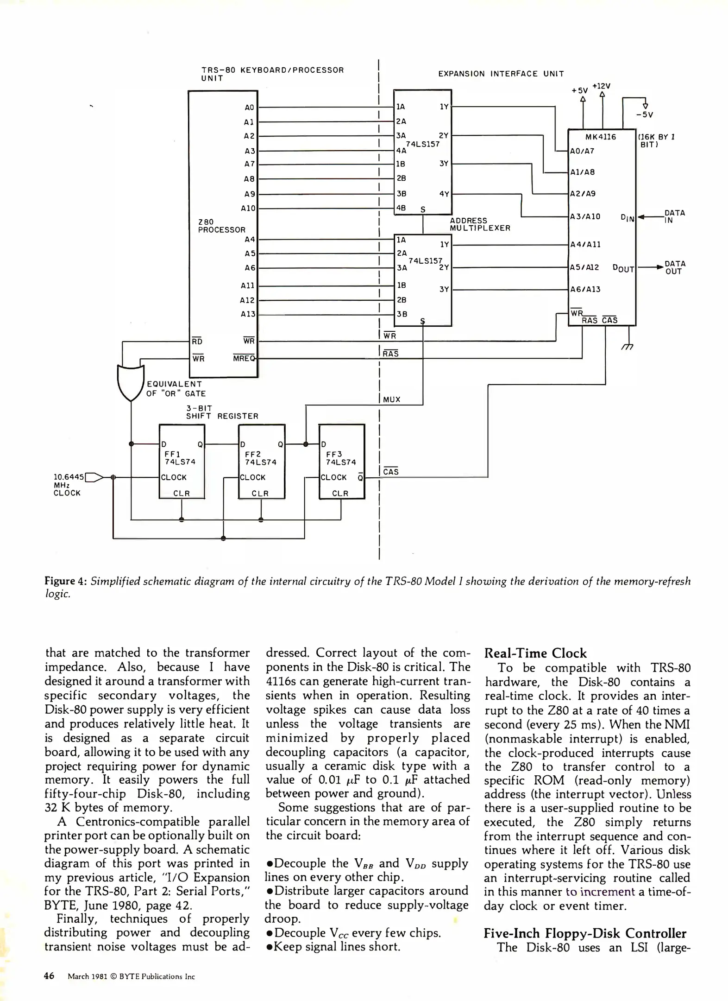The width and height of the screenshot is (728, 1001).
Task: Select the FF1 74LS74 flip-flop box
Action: [182, 462]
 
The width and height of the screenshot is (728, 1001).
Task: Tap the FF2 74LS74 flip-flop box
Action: [261, 462]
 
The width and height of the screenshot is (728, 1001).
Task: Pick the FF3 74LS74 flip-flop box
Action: [342, 462]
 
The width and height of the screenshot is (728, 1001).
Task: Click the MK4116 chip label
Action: [601, 137]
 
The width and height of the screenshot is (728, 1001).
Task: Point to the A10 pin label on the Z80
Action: [248, 209]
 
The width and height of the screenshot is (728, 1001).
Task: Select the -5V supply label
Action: [645, 115]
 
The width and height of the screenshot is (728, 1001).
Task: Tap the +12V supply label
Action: [602, 86]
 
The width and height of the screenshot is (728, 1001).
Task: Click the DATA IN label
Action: [674, 216]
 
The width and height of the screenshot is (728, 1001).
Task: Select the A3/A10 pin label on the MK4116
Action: [585, 216]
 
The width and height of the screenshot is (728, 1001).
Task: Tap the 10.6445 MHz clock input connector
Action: [94, 477]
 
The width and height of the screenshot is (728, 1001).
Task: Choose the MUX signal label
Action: [392, 399]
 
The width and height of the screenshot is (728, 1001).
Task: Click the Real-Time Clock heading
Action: [535, 653]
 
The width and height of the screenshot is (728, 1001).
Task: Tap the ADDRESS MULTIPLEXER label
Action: [480, 224]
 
